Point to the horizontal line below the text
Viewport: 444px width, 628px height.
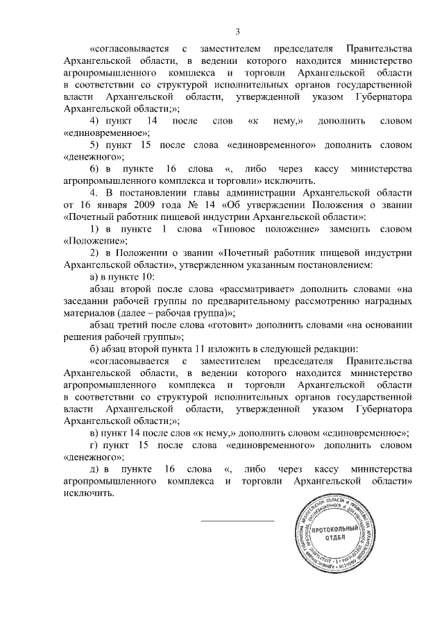(238, 520)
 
